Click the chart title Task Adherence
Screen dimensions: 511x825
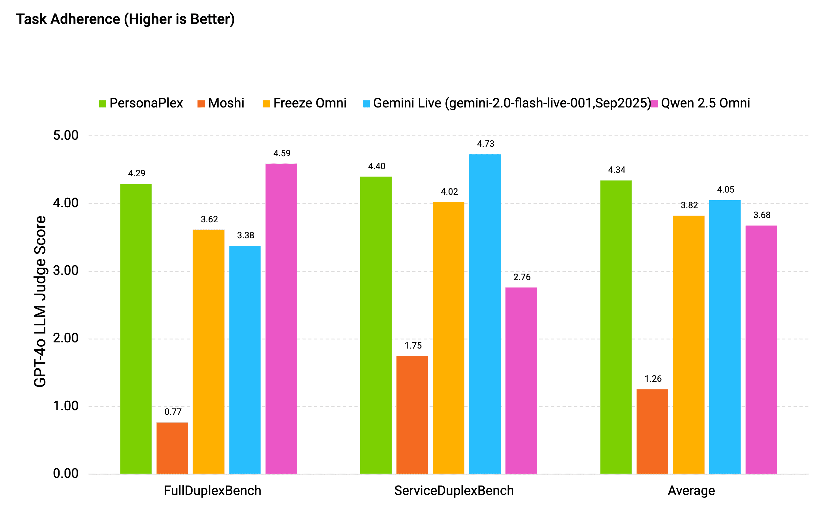[125, 19]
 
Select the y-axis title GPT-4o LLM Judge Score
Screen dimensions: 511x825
[40, 302]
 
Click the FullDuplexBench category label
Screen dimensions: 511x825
[212, 490]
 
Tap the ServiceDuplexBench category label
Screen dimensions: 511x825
[454, 490]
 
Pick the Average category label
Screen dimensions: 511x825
[691, 490]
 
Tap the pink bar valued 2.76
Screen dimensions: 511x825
[521, 380]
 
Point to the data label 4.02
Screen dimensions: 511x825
[449, 192]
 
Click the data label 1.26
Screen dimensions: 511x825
[653, 379]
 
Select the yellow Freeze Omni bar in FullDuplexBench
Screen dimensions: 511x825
[208, 352]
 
